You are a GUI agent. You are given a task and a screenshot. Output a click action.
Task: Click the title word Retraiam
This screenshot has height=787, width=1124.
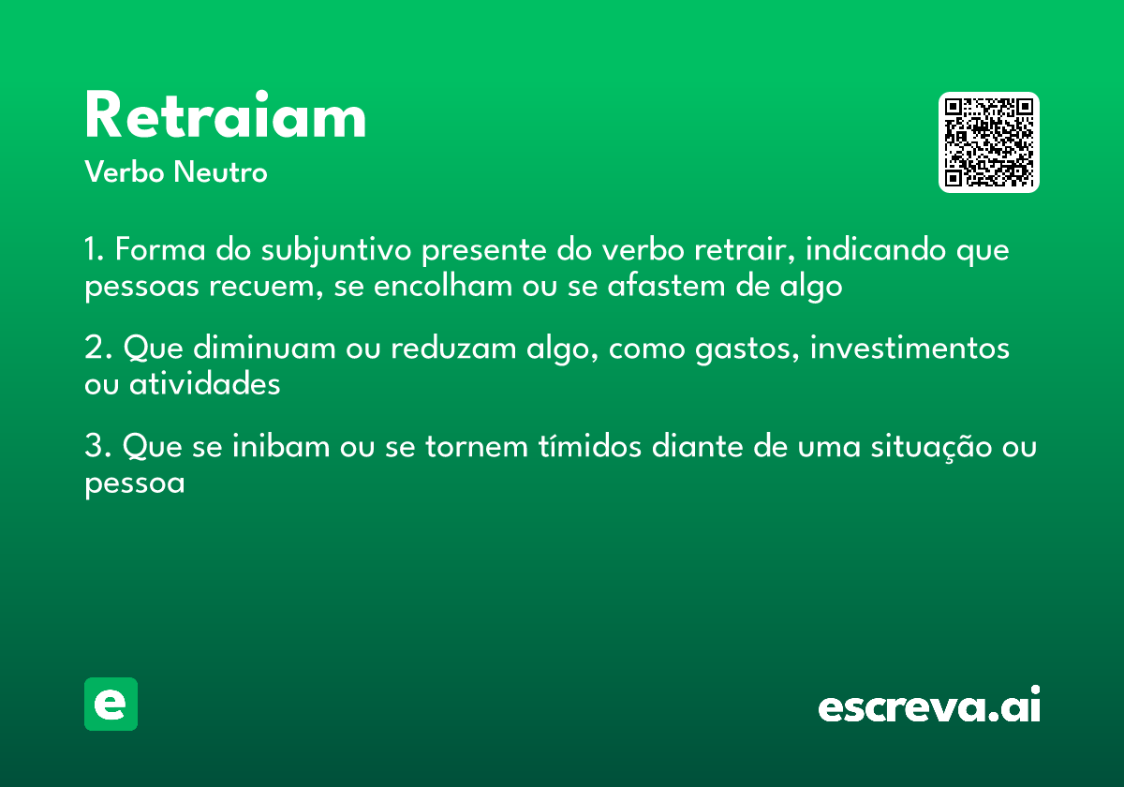225,117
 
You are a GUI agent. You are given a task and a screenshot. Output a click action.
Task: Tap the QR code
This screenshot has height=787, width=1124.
989,142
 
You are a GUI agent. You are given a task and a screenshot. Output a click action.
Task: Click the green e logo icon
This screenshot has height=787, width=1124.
111,704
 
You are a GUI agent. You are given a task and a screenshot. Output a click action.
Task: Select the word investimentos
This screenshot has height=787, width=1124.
910,349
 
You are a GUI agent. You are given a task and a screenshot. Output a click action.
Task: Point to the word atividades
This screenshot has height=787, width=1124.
204,384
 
